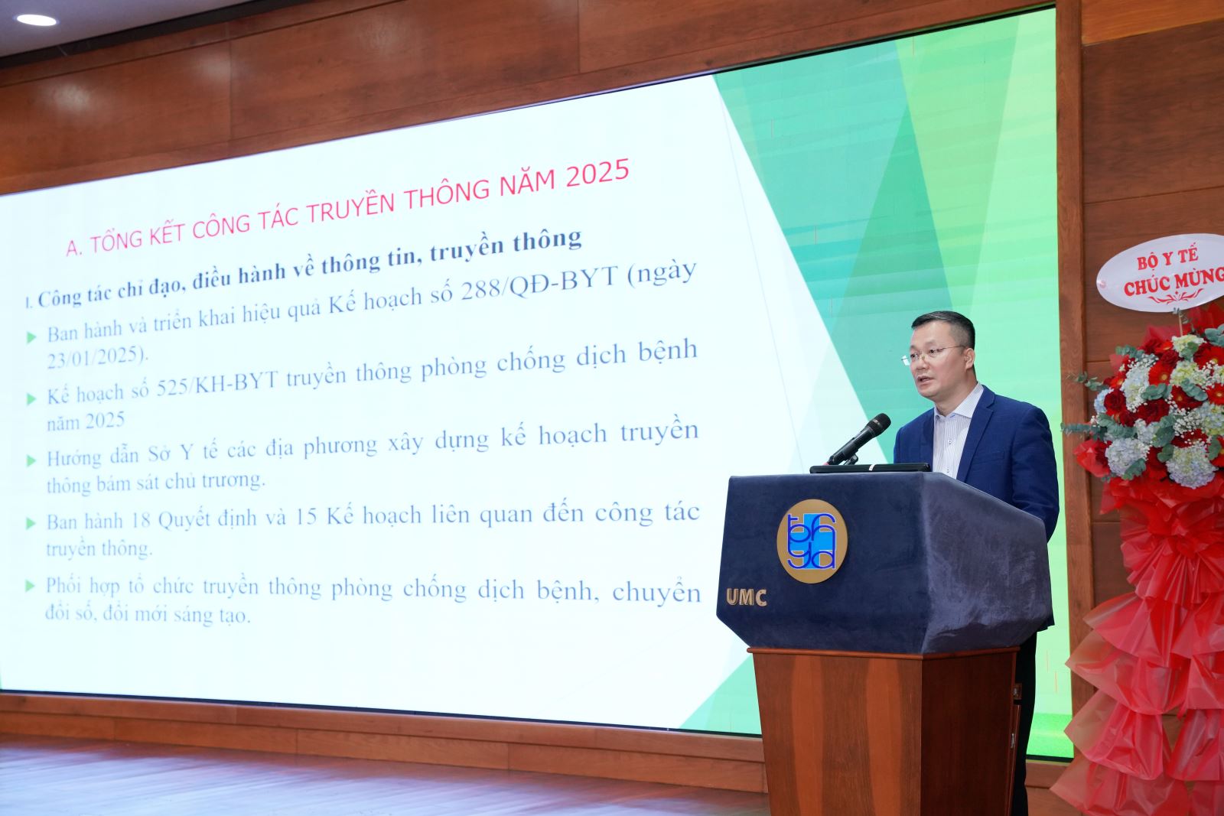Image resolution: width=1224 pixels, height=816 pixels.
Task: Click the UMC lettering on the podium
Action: pyautogui.click(x=747, y=597)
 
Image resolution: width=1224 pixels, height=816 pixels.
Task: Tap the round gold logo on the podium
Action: pyautogui.click(x=812, y=541)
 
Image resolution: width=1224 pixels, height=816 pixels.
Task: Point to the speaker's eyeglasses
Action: pyautogui.click(x=933, y=353)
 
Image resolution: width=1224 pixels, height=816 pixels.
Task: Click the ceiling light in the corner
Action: pyautogui.click(x=36, y=20)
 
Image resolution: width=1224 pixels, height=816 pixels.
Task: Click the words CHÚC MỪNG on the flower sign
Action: pyautogui.click(x=1174, y=281)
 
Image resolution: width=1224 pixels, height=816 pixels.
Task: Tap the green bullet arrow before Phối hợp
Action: pyautogui.click(x=31, y=586)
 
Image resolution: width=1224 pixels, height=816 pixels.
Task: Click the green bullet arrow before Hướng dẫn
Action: pyautogui.click(x=31, y=460)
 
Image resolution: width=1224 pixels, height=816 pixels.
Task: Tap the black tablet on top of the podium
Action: pyautogui.click(x=869, y=467)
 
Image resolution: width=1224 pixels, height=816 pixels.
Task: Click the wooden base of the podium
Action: pyautogui.click(x=886, y=732)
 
